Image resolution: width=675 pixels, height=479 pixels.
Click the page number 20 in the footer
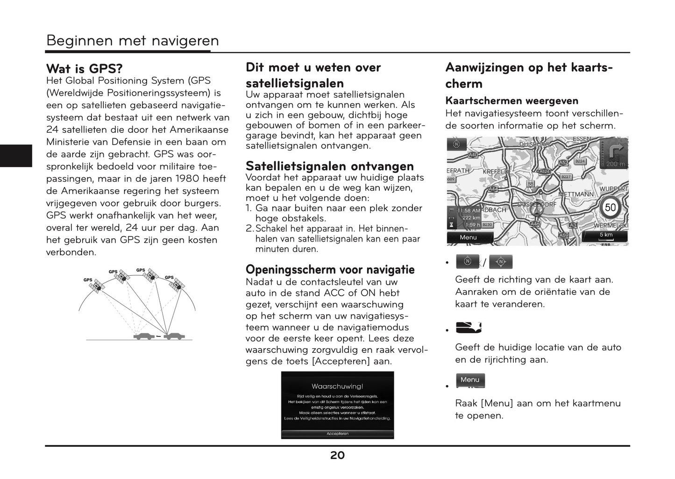337,456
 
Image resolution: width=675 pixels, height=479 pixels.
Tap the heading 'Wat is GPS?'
85,69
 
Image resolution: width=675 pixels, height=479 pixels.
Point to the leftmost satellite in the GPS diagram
97,286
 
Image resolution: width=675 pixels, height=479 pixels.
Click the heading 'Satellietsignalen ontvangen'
330,166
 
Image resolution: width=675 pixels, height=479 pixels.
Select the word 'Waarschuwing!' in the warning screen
337,386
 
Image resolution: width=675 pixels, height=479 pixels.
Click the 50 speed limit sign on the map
610,207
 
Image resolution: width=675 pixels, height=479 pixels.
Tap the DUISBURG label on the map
534,144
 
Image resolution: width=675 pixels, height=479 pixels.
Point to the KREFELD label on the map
495,172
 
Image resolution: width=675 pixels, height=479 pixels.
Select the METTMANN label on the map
576,194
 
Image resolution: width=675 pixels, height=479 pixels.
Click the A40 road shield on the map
473,155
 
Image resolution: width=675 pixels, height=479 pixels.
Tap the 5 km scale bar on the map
606,236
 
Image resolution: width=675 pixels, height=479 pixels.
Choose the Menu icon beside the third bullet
470,380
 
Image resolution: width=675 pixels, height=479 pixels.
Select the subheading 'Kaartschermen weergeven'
512,101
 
